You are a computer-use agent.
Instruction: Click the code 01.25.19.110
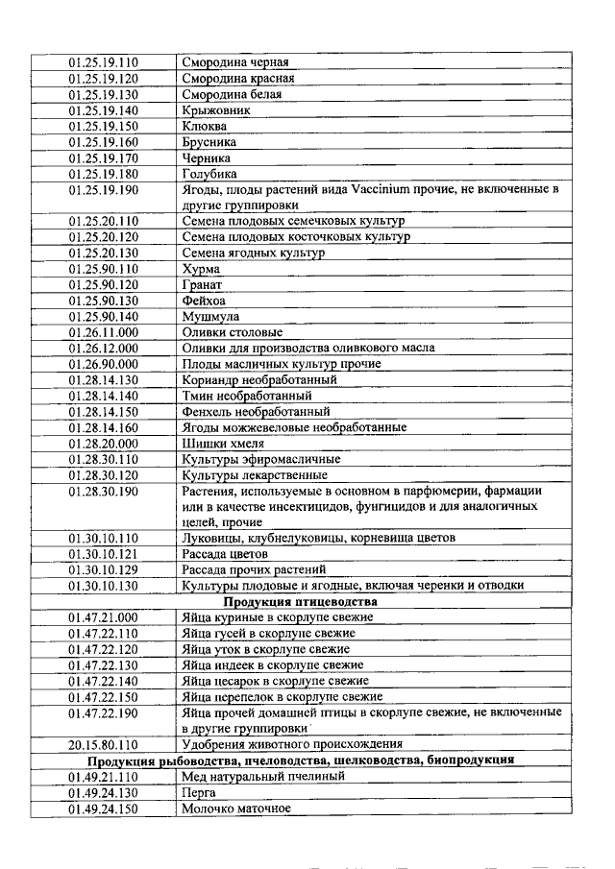103,63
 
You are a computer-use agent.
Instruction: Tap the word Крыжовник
217,110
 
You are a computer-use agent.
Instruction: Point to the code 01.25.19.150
103,126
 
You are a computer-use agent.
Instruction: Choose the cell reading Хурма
201,269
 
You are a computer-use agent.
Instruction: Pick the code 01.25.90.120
103,285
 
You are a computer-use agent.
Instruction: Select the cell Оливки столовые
233,332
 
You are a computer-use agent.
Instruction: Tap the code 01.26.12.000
103,348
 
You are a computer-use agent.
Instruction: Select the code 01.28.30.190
103,491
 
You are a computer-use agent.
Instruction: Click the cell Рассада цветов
225,554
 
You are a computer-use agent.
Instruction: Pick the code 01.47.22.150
103,696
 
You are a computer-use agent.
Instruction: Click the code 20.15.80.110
103,743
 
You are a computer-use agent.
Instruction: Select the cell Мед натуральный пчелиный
263,776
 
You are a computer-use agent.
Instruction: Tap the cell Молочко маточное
236,808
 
